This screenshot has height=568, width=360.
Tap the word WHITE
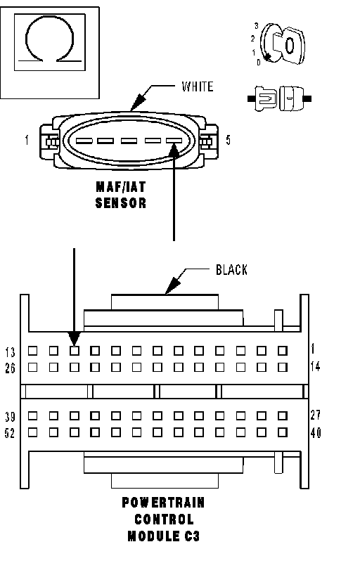coord(198,86)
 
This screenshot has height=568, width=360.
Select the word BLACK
coord(232,270)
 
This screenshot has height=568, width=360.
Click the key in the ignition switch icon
coord(289,45)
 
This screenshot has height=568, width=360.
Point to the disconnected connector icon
coord(279,98)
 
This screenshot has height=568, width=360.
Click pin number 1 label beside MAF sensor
coord(27,140)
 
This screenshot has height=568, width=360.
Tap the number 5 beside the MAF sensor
coord(228,140)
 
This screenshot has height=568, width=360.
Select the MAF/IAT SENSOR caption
coord(121,195)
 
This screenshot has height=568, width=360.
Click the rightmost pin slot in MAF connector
coord(174,141)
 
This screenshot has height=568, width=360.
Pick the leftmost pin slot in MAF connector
coord(83,141)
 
